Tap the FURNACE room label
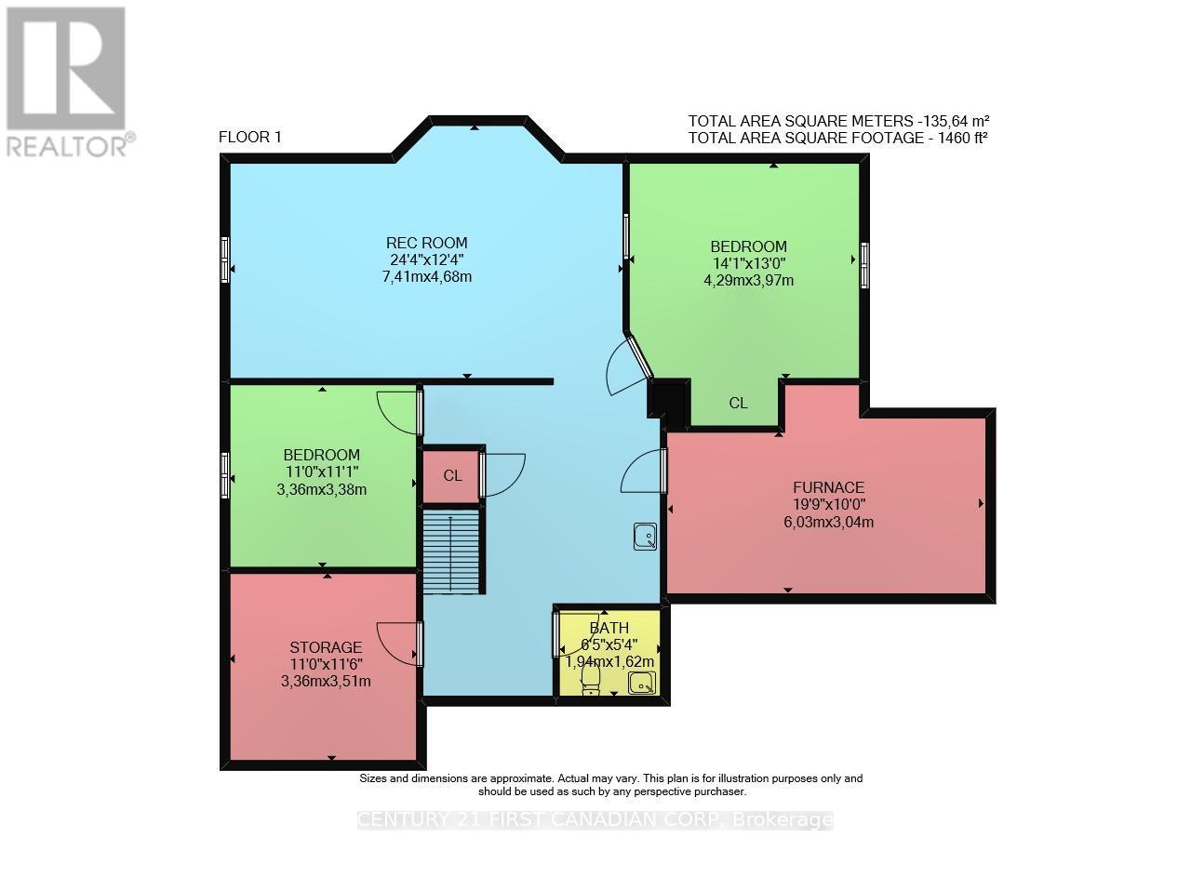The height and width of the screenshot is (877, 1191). tap(828, 487)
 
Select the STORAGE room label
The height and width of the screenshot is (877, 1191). tap(325, 647)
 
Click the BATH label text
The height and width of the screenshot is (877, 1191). tap(609, 629)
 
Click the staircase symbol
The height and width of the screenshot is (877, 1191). tap(452, 551)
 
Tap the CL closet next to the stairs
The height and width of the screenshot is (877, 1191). tap(452, 476)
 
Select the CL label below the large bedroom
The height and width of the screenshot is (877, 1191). tap(738, 404)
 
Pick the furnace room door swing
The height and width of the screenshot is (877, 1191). tap(642, 472)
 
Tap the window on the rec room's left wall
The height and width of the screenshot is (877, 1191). tap(224, 259)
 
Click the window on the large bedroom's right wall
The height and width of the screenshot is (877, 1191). tap(864, 265)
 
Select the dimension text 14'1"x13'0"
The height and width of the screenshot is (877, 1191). tap(748, 263)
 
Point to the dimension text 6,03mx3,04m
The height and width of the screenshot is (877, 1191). tap(828, 522)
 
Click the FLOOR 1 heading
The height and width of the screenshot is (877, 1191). tap(249, 138)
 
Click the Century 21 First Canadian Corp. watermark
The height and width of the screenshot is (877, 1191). tap(595, 820)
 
